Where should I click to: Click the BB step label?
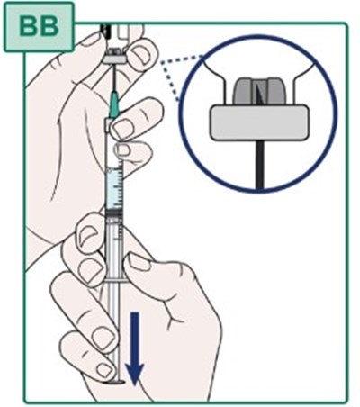[x=39, y=26]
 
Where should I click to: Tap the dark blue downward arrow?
[x=135, y=348]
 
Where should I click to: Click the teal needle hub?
[x=114, y=105]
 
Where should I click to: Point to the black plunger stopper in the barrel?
[x=114, y=213]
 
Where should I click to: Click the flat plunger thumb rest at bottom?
[x=113, y=383]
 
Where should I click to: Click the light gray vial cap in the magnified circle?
[x=259, y=122]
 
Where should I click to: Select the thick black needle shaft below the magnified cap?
[x=258, y=165]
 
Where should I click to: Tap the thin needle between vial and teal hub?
[x=114, y=79]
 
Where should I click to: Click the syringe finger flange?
[x=115, y=281]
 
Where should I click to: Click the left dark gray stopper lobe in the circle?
[x=243, y=93]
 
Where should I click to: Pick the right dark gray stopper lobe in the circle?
[x=273, y=93]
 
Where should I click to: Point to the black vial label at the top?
[x=104, y=31]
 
